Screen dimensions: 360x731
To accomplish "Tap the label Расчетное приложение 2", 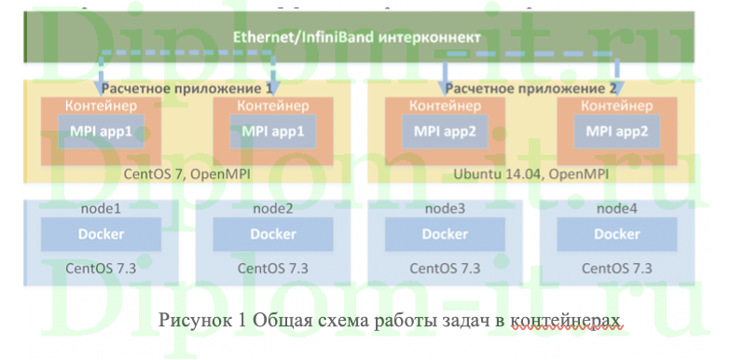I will [531, 89].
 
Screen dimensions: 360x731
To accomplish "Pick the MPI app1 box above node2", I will [272, 132].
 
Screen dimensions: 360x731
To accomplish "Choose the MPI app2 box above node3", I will [444, 132].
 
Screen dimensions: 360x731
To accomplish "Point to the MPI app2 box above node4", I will [616, 132].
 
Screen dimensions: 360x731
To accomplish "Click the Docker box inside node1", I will [102, 234].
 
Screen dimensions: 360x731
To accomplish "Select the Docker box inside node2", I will [272, 234].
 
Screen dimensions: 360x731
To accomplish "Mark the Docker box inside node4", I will [616, 234].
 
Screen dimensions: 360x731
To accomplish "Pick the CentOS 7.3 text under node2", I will [272, 268].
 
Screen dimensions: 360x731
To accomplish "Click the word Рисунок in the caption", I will [191, 320].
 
